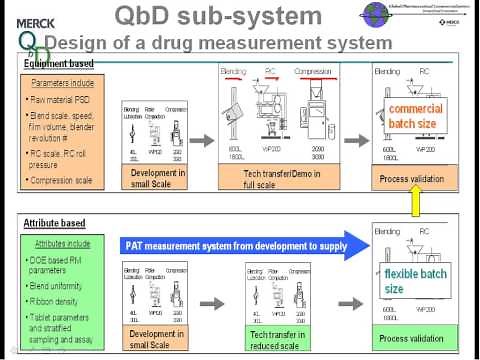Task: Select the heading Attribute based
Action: click(55, 223)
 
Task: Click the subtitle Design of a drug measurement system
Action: click(218, 43)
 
